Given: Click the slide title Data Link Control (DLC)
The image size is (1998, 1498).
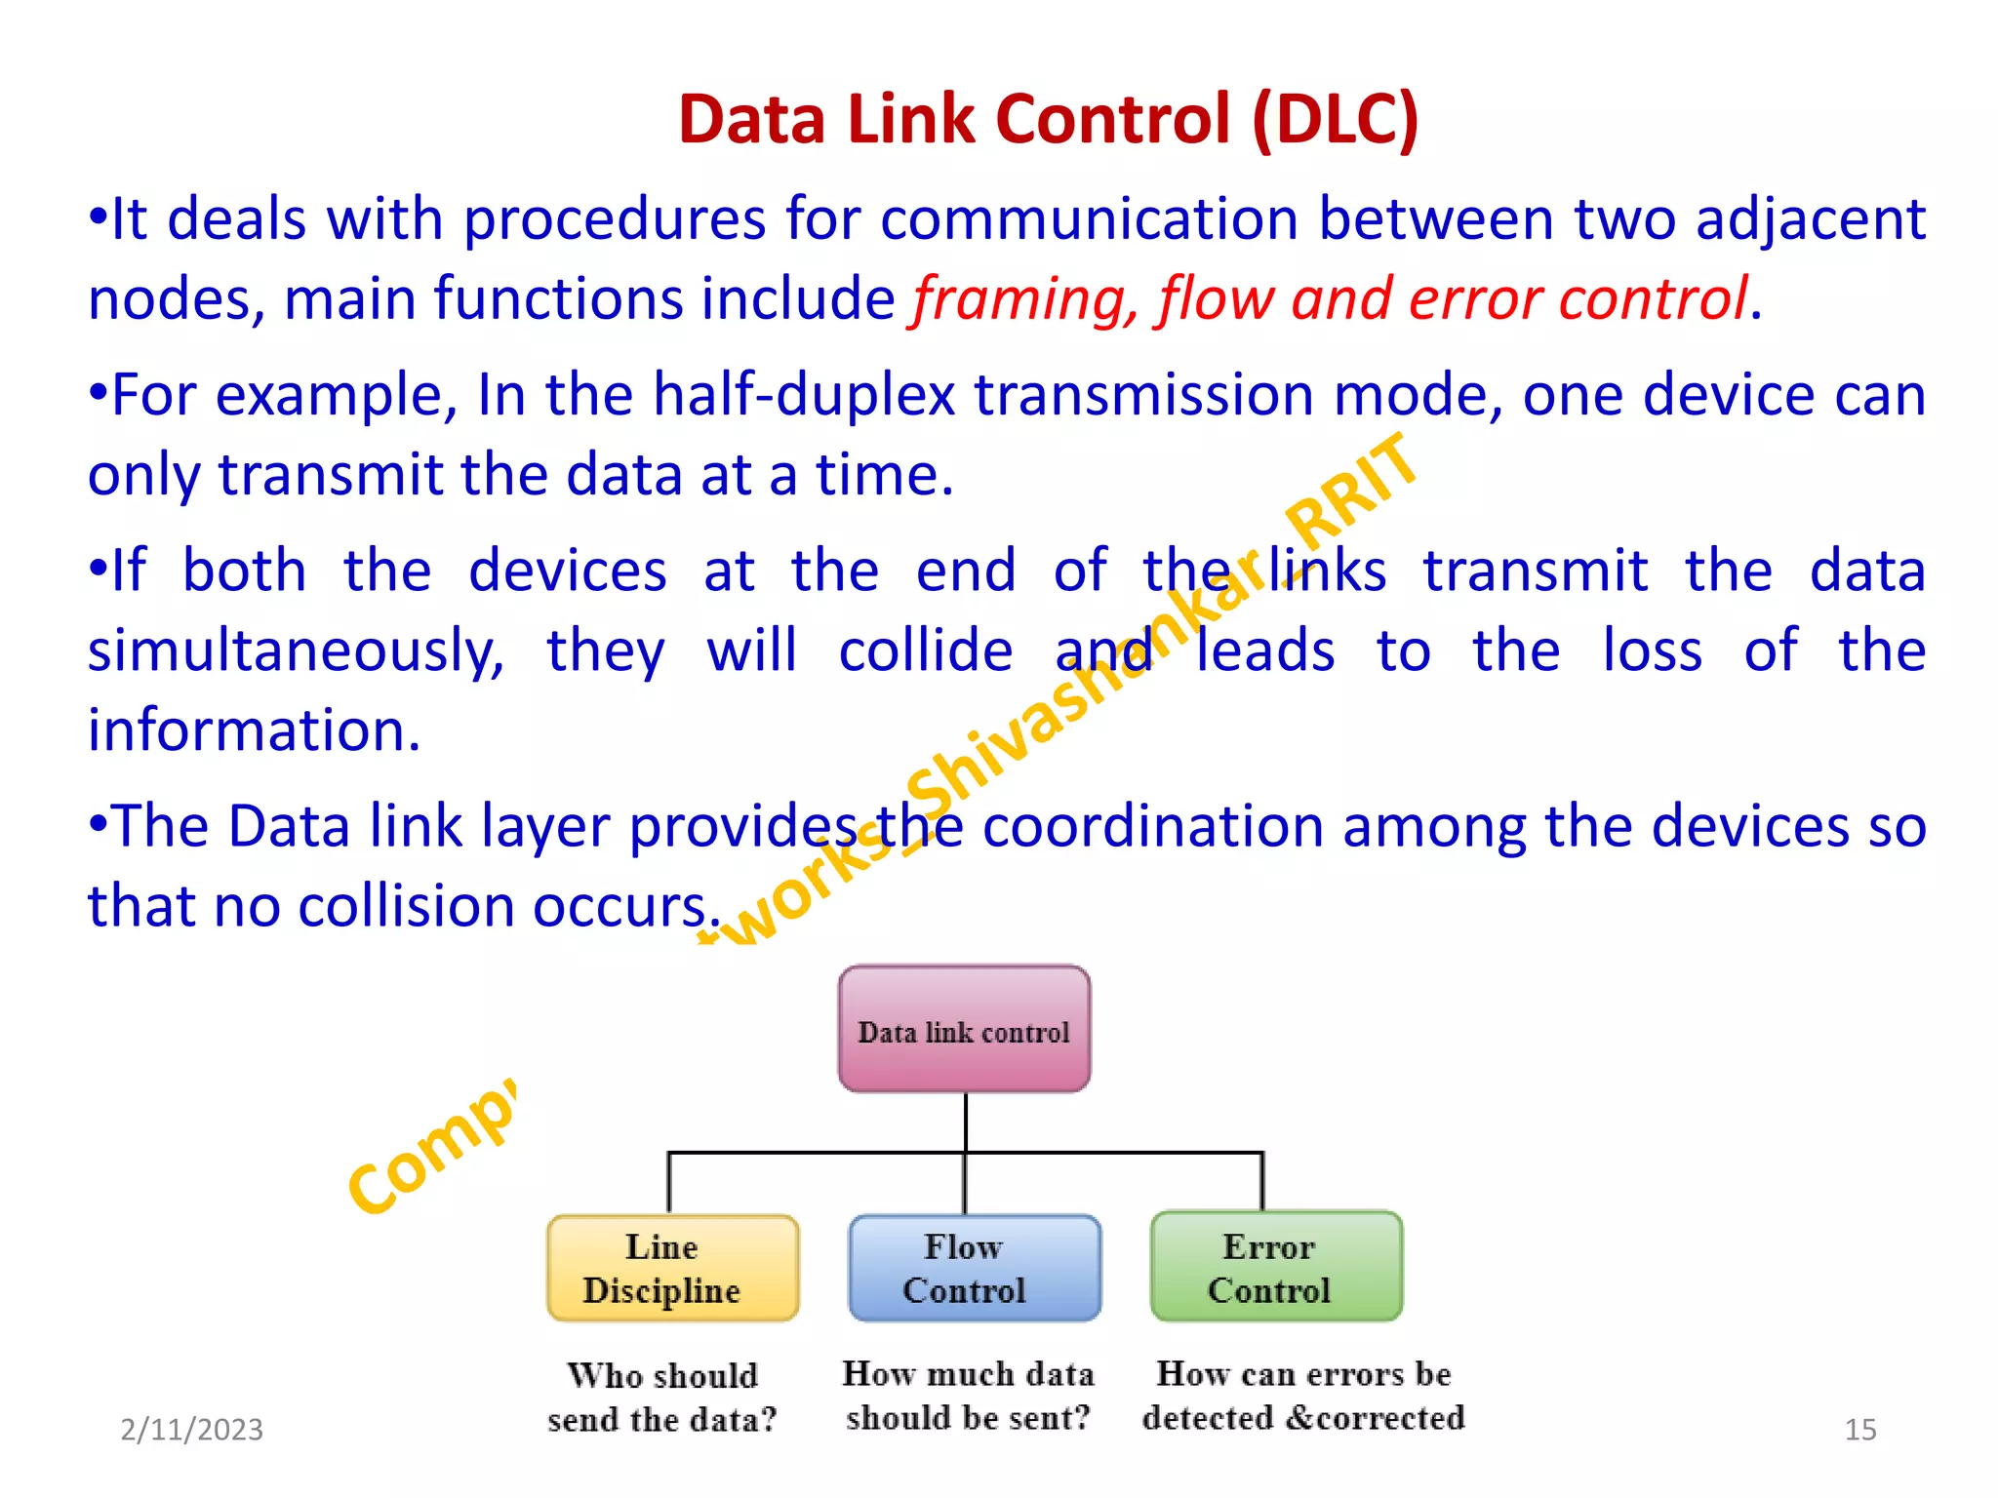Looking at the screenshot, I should pyautogui.click(x=1048, y=119).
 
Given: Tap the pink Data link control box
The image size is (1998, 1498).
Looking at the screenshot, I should pyautogui.click(x=964, y=1029).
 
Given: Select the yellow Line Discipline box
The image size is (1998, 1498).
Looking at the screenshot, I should pyautogui.click(x=672, y=1268).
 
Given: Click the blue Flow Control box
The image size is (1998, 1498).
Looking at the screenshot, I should pyautogui.click(x=974, y=1268).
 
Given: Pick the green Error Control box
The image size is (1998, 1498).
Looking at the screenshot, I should pyautogui.click(x=1276, y=1267).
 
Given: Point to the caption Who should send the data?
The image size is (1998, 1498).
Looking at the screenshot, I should pyautogui.click(x=662, y=1397).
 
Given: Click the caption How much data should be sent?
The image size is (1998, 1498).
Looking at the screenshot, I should pyautogui.click(x=968, y=1395).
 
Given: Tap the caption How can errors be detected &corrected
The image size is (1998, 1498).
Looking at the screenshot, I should pyautogui.click(x=1303, y=1395).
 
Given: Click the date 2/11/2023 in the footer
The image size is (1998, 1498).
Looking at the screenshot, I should pyautogui.click(x=191, y=1429).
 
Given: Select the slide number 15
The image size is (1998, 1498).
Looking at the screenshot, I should pyautogui.click(x=1859, y=1429).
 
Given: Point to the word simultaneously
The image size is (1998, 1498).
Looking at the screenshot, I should pyautogui.click(x=296, y=651).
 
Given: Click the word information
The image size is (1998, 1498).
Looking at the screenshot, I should pyautogui.click(x=254, y=730).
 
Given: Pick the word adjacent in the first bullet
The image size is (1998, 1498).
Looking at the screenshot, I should pyautogui.click(x=1810, y=219).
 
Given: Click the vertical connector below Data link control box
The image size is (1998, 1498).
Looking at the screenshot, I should pyautogui.click(x=966, y=1122).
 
